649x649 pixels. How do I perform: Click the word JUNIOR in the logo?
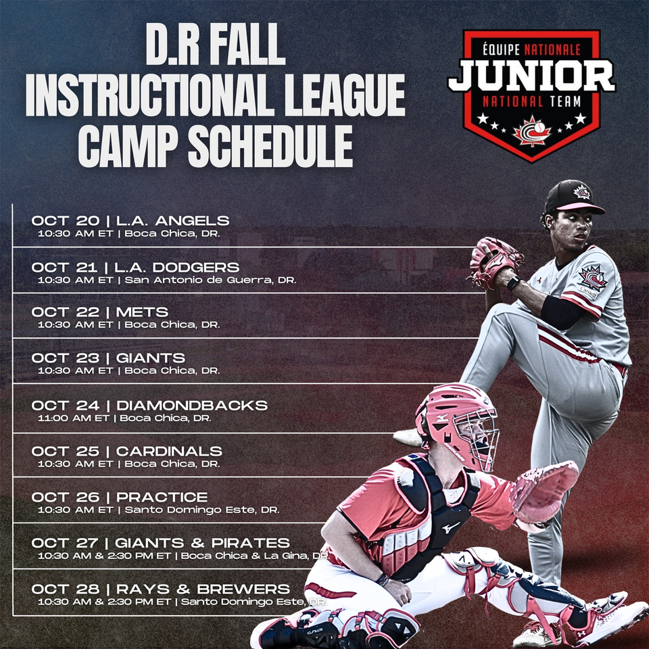[532, 75]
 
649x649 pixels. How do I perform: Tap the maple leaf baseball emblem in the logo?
[532, 131]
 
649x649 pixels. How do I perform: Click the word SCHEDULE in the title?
[270, 146]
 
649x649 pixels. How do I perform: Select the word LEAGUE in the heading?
[345, 95]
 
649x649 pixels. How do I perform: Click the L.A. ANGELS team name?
[172, 220]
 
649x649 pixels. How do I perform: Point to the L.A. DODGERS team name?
[176, 267]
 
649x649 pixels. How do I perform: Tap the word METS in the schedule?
[142, 312]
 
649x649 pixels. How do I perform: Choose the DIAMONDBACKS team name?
[192, 405]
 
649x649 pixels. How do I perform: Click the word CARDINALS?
[169, 451]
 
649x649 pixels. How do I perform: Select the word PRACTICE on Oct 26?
[162, 497]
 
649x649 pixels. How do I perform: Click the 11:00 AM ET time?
[73, 418]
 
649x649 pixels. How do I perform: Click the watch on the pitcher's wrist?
[513, 283]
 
